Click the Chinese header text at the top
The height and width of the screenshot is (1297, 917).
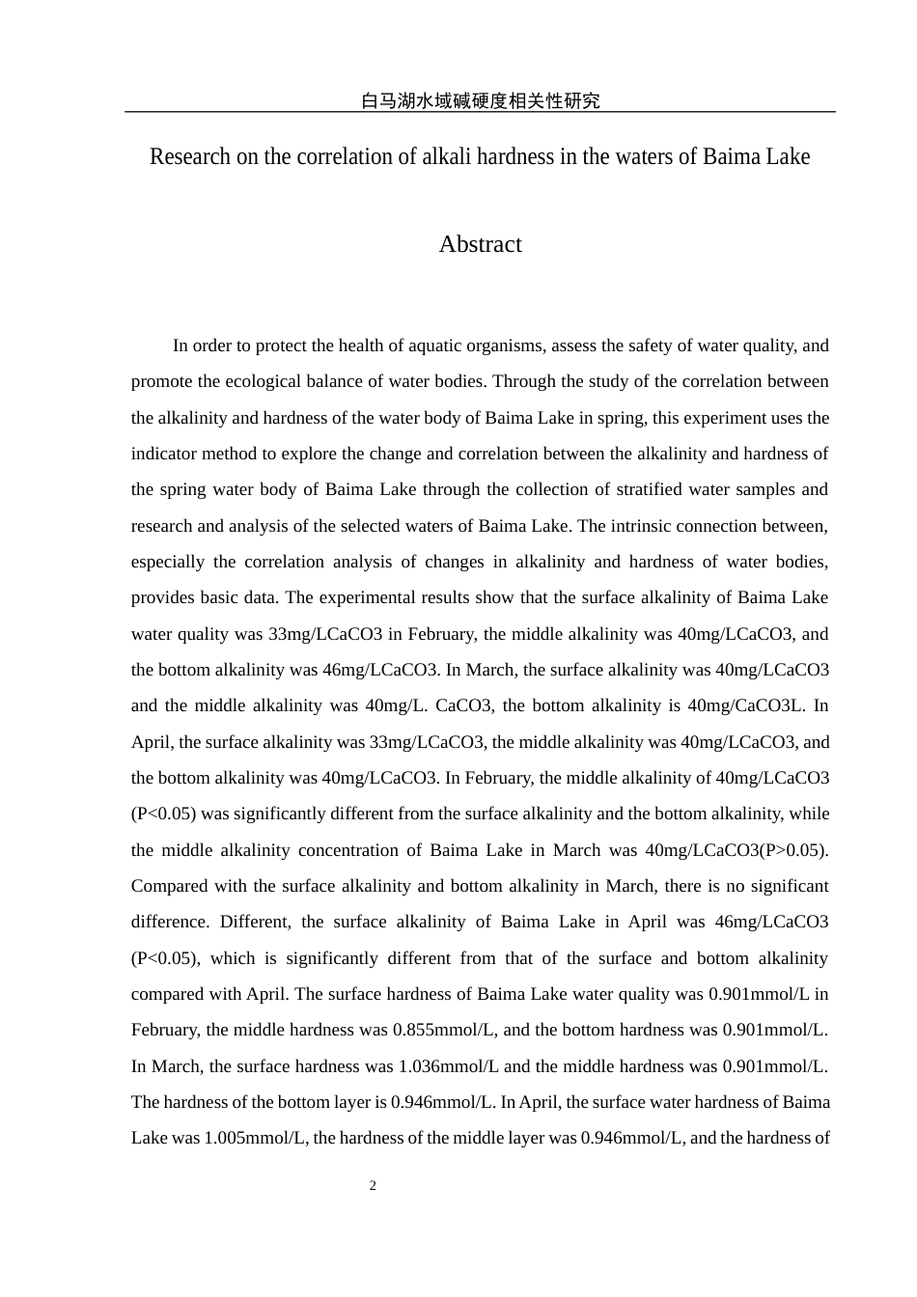[x=480, y=100]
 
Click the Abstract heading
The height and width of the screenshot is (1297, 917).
[x=480, y=244]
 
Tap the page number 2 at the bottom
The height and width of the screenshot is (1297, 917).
[x=373, y=1186]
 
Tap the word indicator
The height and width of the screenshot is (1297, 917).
[x=165, y=454]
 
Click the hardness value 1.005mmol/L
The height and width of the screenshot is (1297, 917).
[x=254, y=1138]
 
